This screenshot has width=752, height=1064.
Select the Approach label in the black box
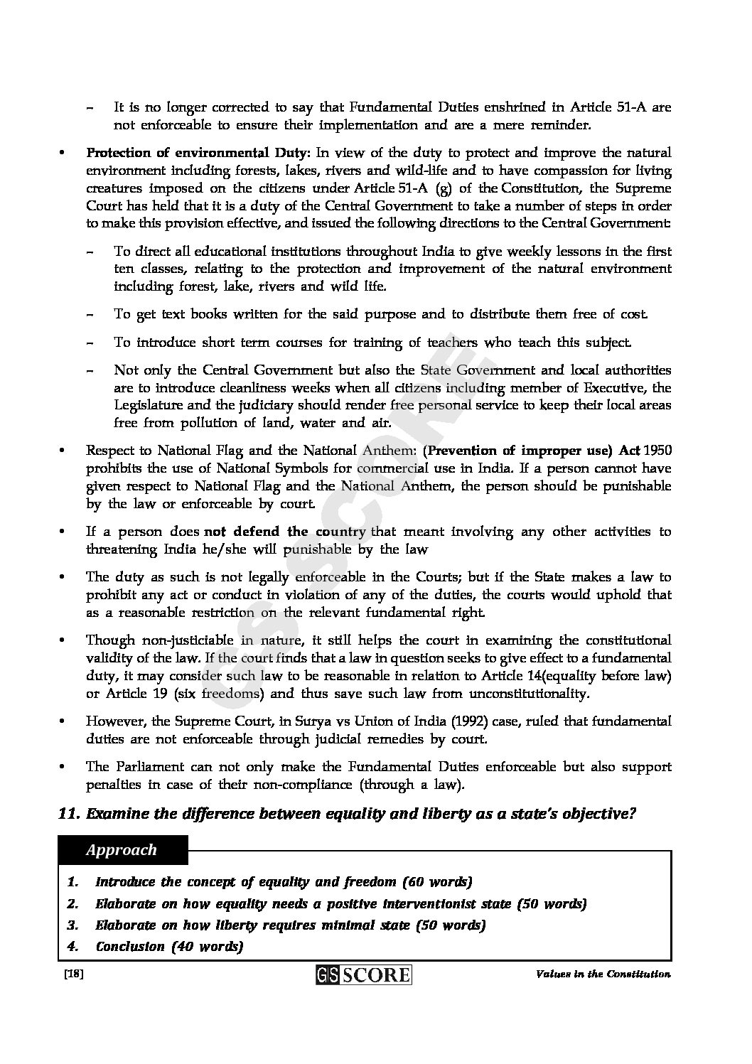(x=122, y=850)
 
